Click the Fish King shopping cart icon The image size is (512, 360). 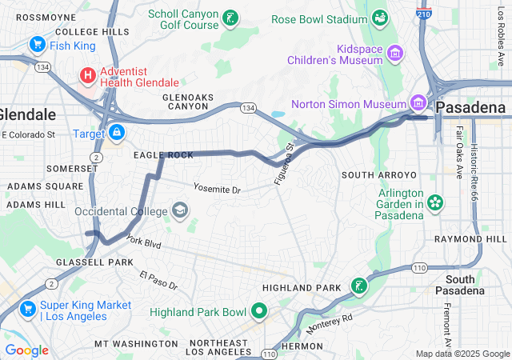(37, 45)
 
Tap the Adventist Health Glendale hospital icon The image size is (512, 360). (87, 76)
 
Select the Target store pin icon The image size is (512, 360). (117, 131)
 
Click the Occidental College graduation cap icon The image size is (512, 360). (180, 211)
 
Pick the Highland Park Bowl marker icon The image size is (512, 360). (258, 311)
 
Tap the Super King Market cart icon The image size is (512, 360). (28, 306)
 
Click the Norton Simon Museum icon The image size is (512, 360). (417, 103)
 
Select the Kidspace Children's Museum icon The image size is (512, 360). (394, 54)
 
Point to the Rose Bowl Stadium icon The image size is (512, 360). (379, 18)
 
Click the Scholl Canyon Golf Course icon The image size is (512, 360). (230, 18)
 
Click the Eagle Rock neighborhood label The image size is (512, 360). (163, 154)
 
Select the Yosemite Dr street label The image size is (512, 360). (216, 190)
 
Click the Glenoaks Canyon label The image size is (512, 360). (188, 102)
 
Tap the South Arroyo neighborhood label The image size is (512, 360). (379, 174)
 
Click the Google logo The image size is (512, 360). (26, 350)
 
